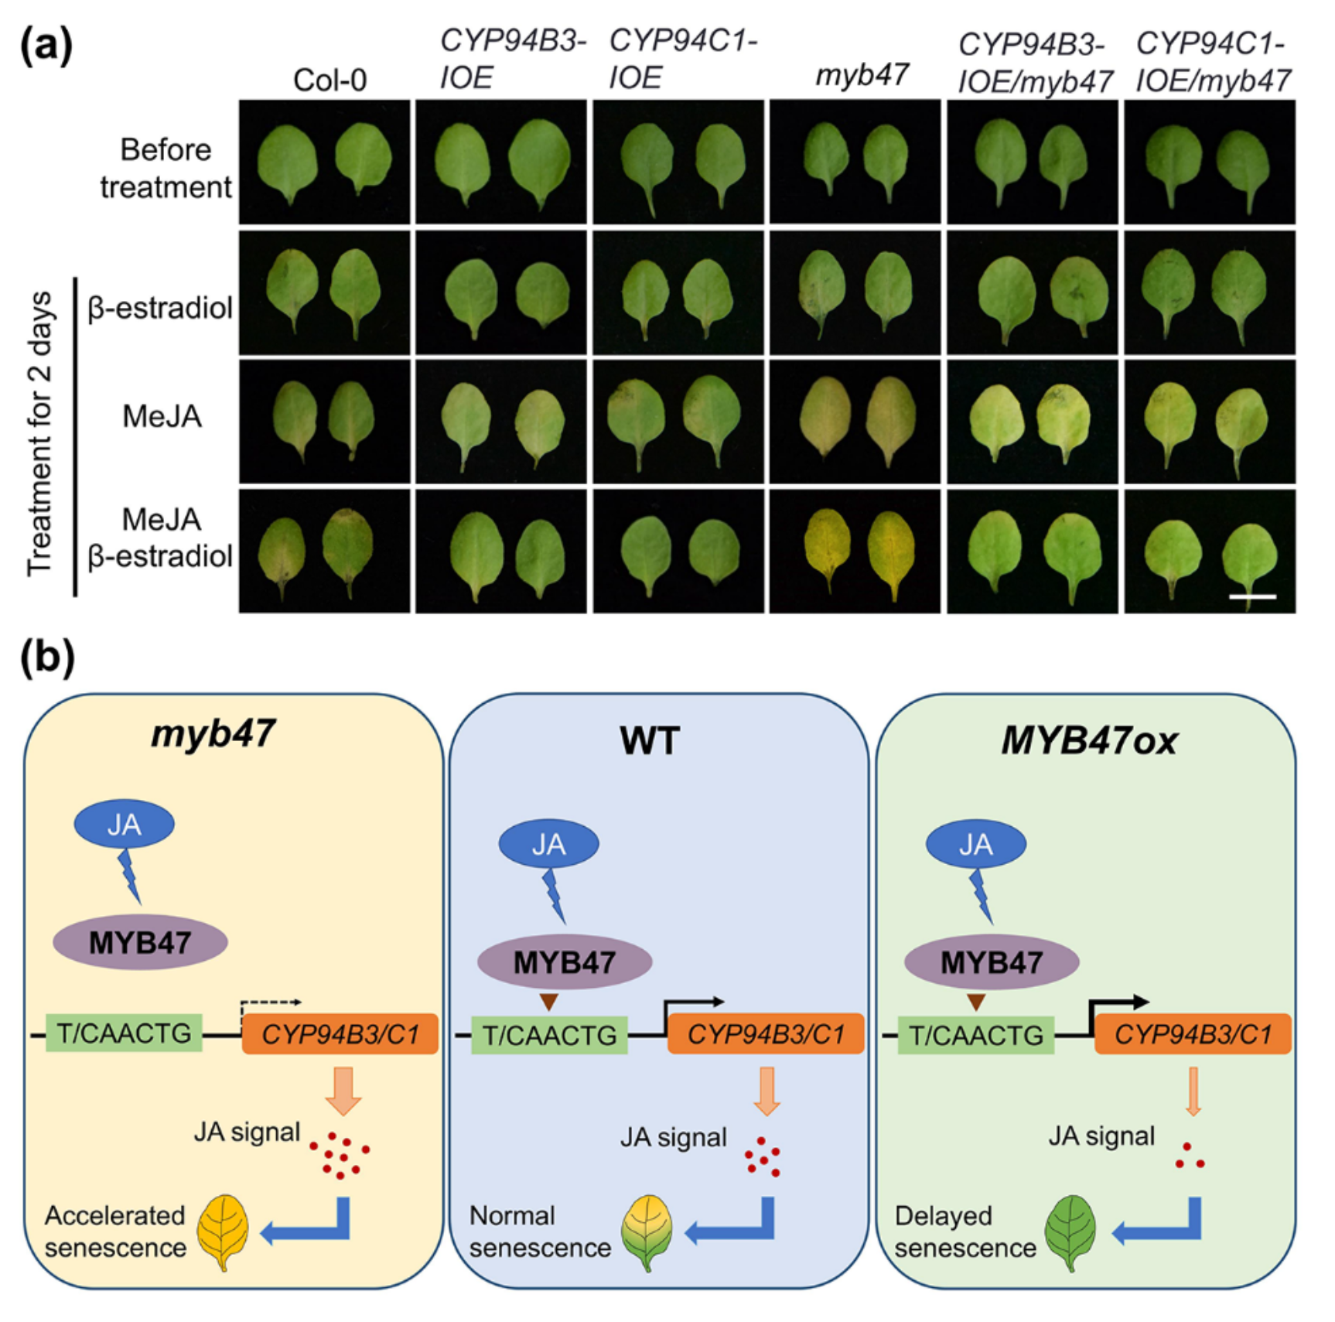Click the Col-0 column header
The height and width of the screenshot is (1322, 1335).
click(329, 80)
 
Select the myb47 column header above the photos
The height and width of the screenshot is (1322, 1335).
click(862, 75)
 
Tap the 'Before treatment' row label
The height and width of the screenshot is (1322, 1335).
click(166, 168)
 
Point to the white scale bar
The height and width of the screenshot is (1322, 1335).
click(1251, 596)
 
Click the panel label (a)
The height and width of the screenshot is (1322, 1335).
click(46, 45)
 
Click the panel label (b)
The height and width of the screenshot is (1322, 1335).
click(46, 658)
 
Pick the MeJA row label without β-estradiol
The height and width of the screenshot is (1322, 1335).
click(162, 416)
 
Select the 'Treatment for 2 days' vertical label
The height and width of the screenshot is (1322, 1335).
click(40, 433)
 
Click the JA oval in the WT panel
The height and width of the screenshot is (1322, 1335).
click(548, 844)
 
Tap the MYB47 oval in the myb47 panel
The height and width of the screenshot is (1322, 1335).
click(140, 942)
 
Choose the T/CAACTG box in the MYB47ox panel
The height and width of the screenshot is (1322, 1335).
click(976, 1035)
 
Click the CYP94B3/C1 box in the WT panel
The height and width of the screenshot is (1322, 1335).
click(766, 1034)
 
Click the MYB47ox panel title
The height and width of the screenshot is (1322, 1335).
click(1089, 740)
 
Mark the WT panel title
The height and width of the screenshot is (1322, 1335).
click(650, 740)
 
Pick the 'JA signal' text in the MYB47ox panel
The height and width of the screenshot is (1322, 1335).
click(1101, 1136)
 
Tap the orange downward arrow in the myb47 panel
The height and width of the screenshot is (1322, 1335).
click(343, 1090)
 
